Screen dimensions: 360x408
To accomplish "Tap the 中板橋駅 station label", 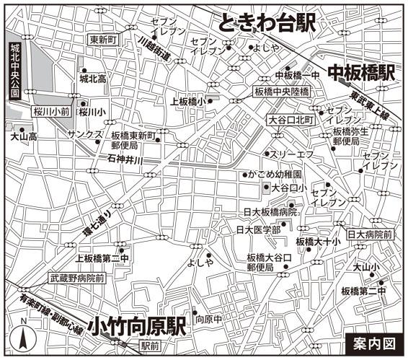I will coord(362,72).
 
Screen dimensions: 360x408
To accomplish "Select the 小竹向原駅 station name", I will coord(136,327).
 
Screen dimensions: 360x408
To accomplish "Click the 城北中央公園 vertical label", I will coord(13,69).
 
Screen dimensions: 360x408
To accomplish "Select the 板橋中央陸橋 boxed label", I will coord(281,92).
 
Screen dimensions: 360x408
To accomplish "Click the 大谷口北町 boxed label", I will coord(291,118).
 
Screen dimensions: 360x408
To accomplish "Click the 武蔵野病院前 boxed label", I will coord(77,277).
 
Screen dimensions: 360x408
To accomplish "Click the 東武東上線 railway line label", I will coord(371,106).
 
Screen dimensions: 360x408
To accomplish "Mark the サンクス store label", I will coord(85,135).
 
